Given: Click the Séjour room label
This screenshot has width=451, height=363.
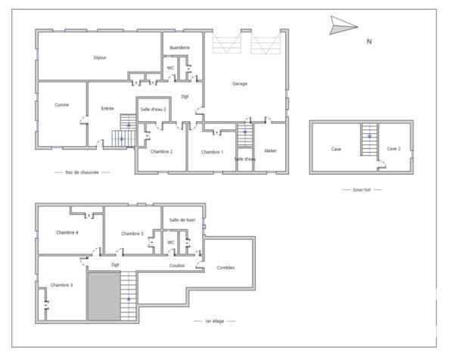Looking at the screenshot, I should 99,58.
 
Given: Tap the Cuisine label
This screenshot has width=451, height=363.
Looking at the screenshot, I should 62,105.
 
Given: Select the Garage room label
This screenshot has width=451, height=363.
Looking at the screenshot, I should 240,84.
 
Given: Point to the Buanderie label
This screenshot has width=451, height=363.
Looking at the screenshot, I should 179,48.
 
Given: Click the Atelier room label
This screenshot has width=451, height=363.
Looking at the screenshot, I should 270,151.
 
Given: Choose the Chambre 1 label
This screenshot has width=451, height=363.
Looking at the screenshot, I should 212,152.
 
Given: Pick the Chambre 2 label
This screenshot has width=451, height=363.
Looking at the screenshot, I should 161,152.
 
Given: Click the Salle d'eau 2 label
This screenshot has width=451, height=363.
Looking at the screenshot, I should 154,110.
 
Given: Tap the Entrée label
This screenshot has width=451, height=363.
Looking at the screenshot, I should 107,109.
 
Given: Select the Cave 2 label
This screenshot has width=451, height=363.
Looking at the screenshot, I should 393,149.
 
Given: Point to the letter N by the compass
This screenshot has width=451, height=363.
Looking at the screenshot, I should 369,42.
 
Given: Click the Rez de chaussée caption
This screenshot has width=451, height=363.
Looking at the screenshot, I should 82,172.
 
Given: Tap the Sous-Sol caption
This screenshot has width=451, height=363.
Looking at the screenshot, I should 362,189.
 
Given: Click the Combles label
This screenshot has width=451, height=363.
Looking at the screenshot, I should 225,268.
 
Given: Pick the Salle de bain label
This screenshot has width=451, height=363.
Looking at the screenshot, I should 182,219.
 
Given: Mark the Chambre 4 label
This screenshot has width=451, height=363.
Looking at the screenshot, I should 67,232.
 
